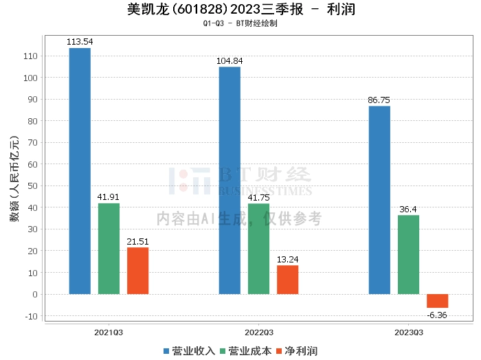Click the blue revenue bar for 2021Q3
click(x=80, y=171)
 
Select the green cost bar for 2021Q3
click(x=109, y=249)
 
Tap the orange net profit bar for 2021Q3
click(x=137, y=271)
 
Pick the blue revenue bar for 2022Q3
click(x=230, y=180)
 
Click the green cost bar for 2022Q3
click(x=258, y=249)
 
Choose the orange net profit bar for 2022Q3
click(x=287, y=280)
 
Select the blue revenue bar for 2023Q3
click(x=379, y=200)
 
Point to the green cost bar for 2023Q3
click(x=408, y=255)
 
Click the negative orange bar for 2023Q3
click(x=437, y=301)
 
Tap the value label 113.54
click(x=80, y=42)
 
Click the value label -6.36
click(x=437, y=315)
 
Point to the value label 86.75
click(x=379, y=100)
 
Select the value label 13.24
click(x=287, y=260)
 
